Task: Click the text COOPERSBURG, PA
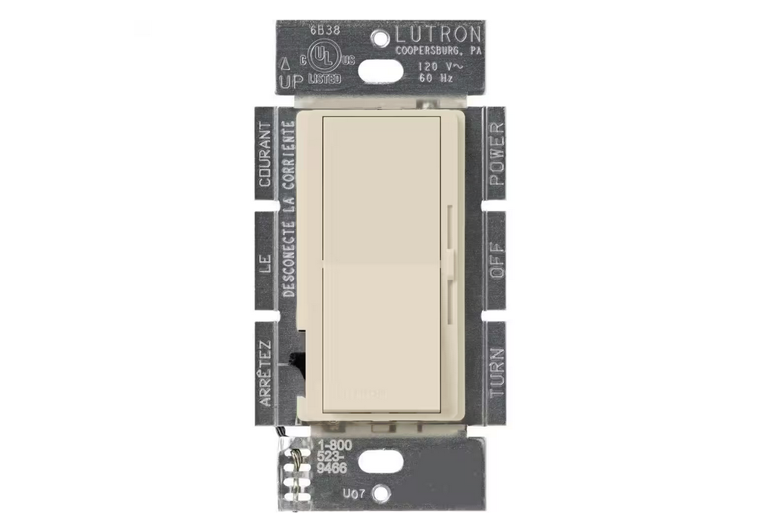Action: point(437,51)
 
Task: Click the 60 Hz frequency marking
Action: point(437,78)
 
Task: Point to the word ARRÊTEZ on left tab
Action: point(265,373)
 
